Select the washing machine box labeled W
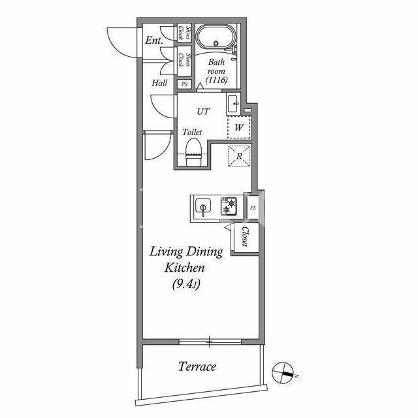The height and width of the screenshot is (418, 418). [x=239, y=127]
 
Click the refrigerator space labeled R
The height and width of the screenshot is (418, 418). [x=240, y=156]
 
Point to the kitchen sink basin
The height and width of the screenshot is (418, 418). [x=203, y=206]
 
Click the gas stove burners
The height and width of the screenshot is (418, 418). [x=229, y=206]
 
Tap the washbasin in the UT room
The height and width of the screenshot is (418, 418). [x=234, y=104]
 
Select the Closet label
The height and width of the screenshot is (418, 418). [x=245, y=236]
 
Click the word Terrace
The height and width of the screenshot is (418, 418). [x=197, y=366]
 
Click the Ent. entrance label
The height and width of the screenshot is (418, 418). [x=154, y=40]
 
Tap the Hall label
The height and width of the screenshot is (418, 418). [x=159, y=83]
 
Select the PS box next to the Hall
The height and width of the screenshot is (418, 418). [x=184, y=84]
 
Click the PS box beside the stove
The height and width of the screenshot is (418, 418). [x=253, y=207]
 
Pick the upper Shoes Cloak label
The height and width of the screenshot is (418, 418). [x=184, y=33]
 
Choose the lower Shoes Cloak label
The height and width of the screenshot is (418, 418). [x=184, y=60]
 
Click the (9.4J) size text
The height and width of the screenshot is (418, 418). [x=186, y=284]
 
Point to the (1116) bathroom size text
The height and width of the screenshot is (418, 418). [x=216, y=80]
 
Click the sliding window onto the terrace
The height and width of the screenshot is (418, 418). [x=210, y=342]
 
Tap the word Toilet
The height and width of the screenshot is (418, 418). [x=192, y=132]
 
